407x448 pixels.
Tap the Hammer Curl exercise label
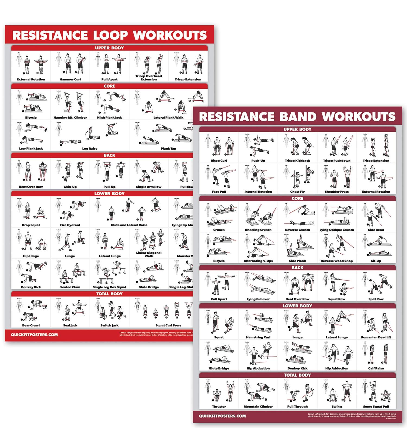point(70,80)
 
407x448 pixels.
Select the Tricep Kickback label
point(297,161)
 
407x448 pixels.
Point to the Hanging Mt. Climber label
point(70,118)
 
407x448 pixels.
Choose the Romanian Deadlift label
point(376,337)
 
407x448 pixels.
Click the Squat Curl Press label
point(168,325)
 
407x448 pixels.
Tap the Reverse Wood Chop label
point(336,261)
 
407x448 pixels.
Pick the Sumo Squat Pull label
point(376,406)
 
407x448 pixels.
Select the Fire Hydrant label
point(70,225)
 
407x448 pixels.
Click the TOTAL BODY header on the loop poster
point(109,294)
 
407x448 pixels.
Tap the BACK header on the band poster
point(297,268)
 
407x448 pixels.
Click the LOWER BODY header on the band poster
point(297,306)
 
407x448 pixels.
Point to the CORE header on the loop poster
point(109,86)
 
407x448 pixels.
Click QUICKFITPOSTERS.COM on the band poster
point(222,416)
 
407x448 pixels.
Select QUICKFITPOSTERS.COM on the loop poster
point(34,335)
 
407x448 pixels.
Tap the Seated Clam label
point(70,287)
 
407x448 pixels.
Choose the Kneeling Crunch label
point(258,230)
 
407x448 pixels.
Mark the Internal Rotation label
point(258,192)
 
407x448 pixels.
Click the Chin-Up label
point(70,187)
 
